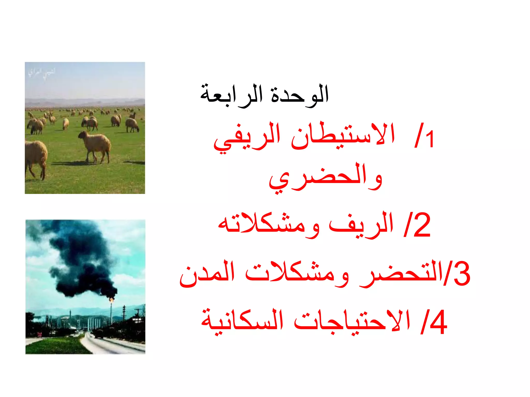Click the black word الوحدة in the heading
[x=299, y=94]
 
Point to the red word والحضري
[x=325, y=178]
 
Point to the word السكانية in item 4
[x=242, y=322]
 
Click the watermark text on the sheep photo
[x=41, y=72]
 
